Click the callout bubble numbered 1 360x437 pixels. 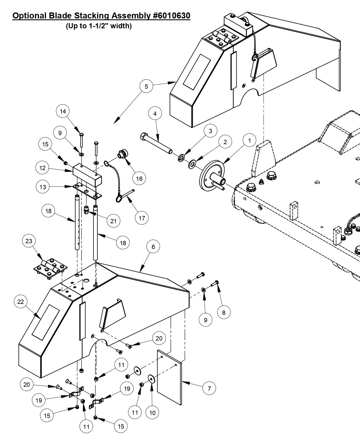(250, 141)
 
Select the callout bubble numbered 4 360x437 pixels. (155, 114)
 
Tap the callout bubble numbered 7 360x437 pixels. (209, 388)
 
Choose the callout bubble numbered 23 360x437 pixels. (29, 241)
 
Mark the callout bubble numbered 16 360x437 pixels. (139, 178)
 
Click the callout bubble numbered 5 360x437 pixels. (146, 87)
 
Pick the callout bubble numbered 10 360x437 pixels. (152, 413)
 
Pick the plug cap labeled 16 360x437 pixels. (122, 154)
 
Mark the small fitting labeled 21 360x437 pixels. (86, 209)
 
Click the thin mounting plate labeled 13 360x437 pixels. (87, 191)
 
